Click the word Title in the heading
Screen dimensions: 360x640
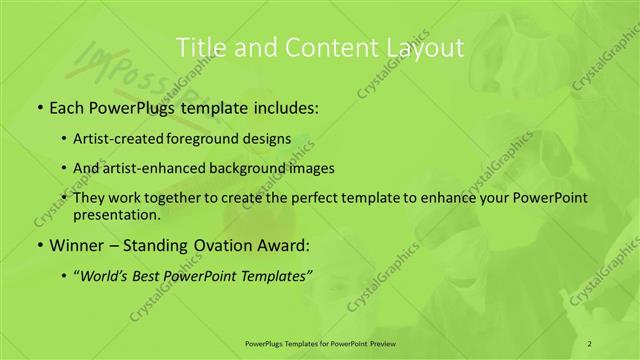click(200, 46)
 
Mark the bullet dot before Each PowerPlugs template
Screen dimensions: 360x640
click(38, 108)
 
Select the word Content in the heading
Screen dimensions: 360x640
click(320, 46)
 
